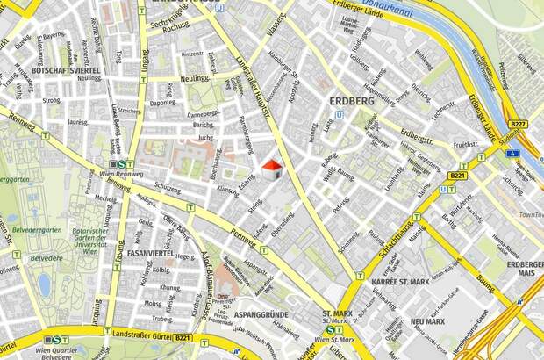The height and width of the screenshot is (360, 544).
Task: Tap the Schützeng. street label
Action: click(167, 189)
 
